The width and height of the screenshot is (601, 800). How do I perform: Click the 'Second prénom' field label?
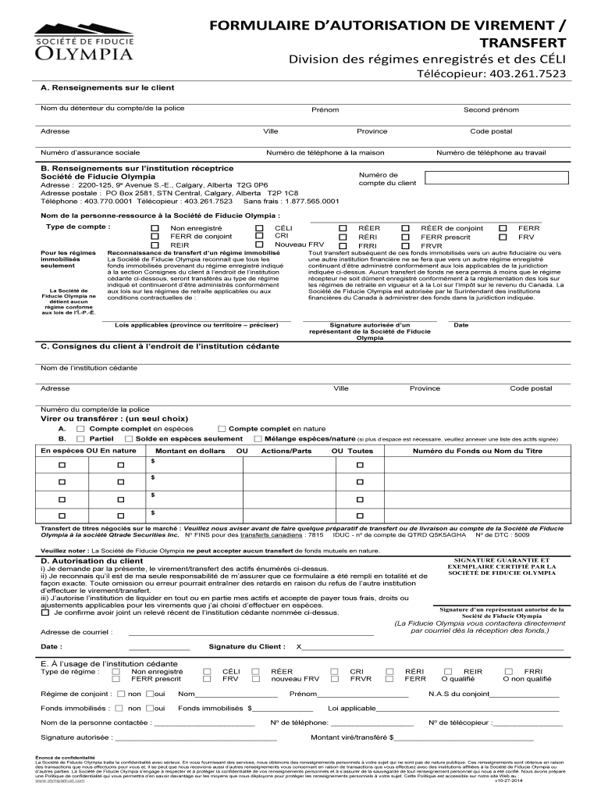click(x=491, y=109)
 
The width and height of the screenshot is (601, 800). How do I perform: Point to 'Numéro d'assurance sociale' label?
click(x=91, y=152)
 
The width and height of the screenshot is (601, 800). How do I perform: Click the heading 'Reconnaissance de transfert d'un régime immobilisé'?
click(x=194, y=253)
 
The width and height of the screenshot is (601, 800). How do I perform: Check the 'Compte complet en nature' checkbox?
click(x=222, y=429)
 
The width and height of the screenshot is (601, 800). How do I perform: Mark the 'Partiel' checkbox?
click(x=81, y=439)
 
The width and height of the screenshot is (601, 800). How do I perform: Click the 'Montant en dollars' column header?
click(x=190, y=451)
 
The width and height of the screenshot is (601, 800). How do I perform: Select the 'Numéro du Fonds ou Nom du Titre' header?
click(x=478, y=451)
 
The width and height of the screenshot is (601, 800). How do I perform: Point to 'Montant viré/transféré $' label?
click(x=352, y=737)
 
